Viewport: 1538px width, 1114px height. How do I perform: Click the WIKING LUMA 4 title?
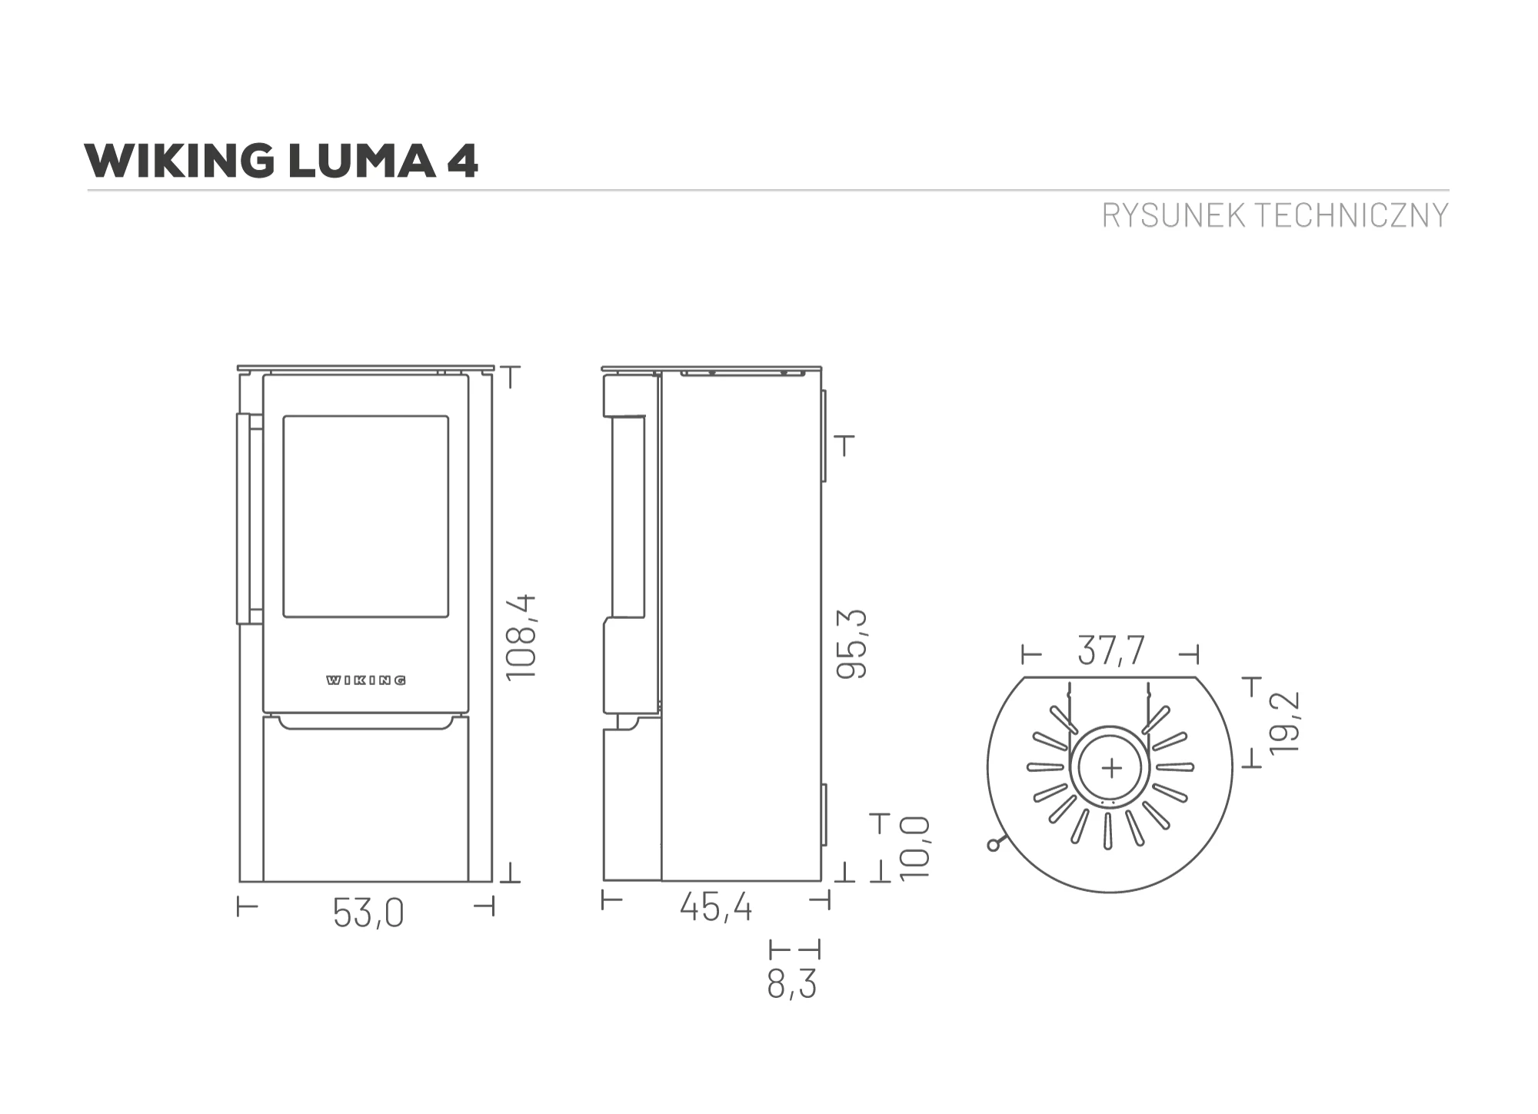(281, 161)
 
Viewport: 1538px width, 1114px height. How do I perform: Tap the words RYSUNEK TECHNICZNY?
(1275, 215)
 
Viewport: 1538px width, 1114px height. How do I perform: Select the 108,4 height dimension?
(521, 637)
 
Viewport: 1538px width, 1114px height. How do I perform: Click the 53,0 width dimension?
(368, 913)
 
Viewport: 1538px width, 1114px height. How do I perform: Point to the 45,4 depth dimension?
(716, 907)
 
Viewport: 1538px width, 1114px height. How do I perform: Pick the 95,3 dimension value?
(851, 643)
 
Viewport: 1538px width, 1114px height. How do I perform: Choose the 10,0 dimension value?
(915, 848)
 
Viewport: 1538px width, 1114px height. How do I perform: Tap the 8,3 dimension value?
(791, 984)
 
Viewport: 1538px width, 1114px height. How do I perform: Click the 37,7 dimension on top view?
(1111, 650)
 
